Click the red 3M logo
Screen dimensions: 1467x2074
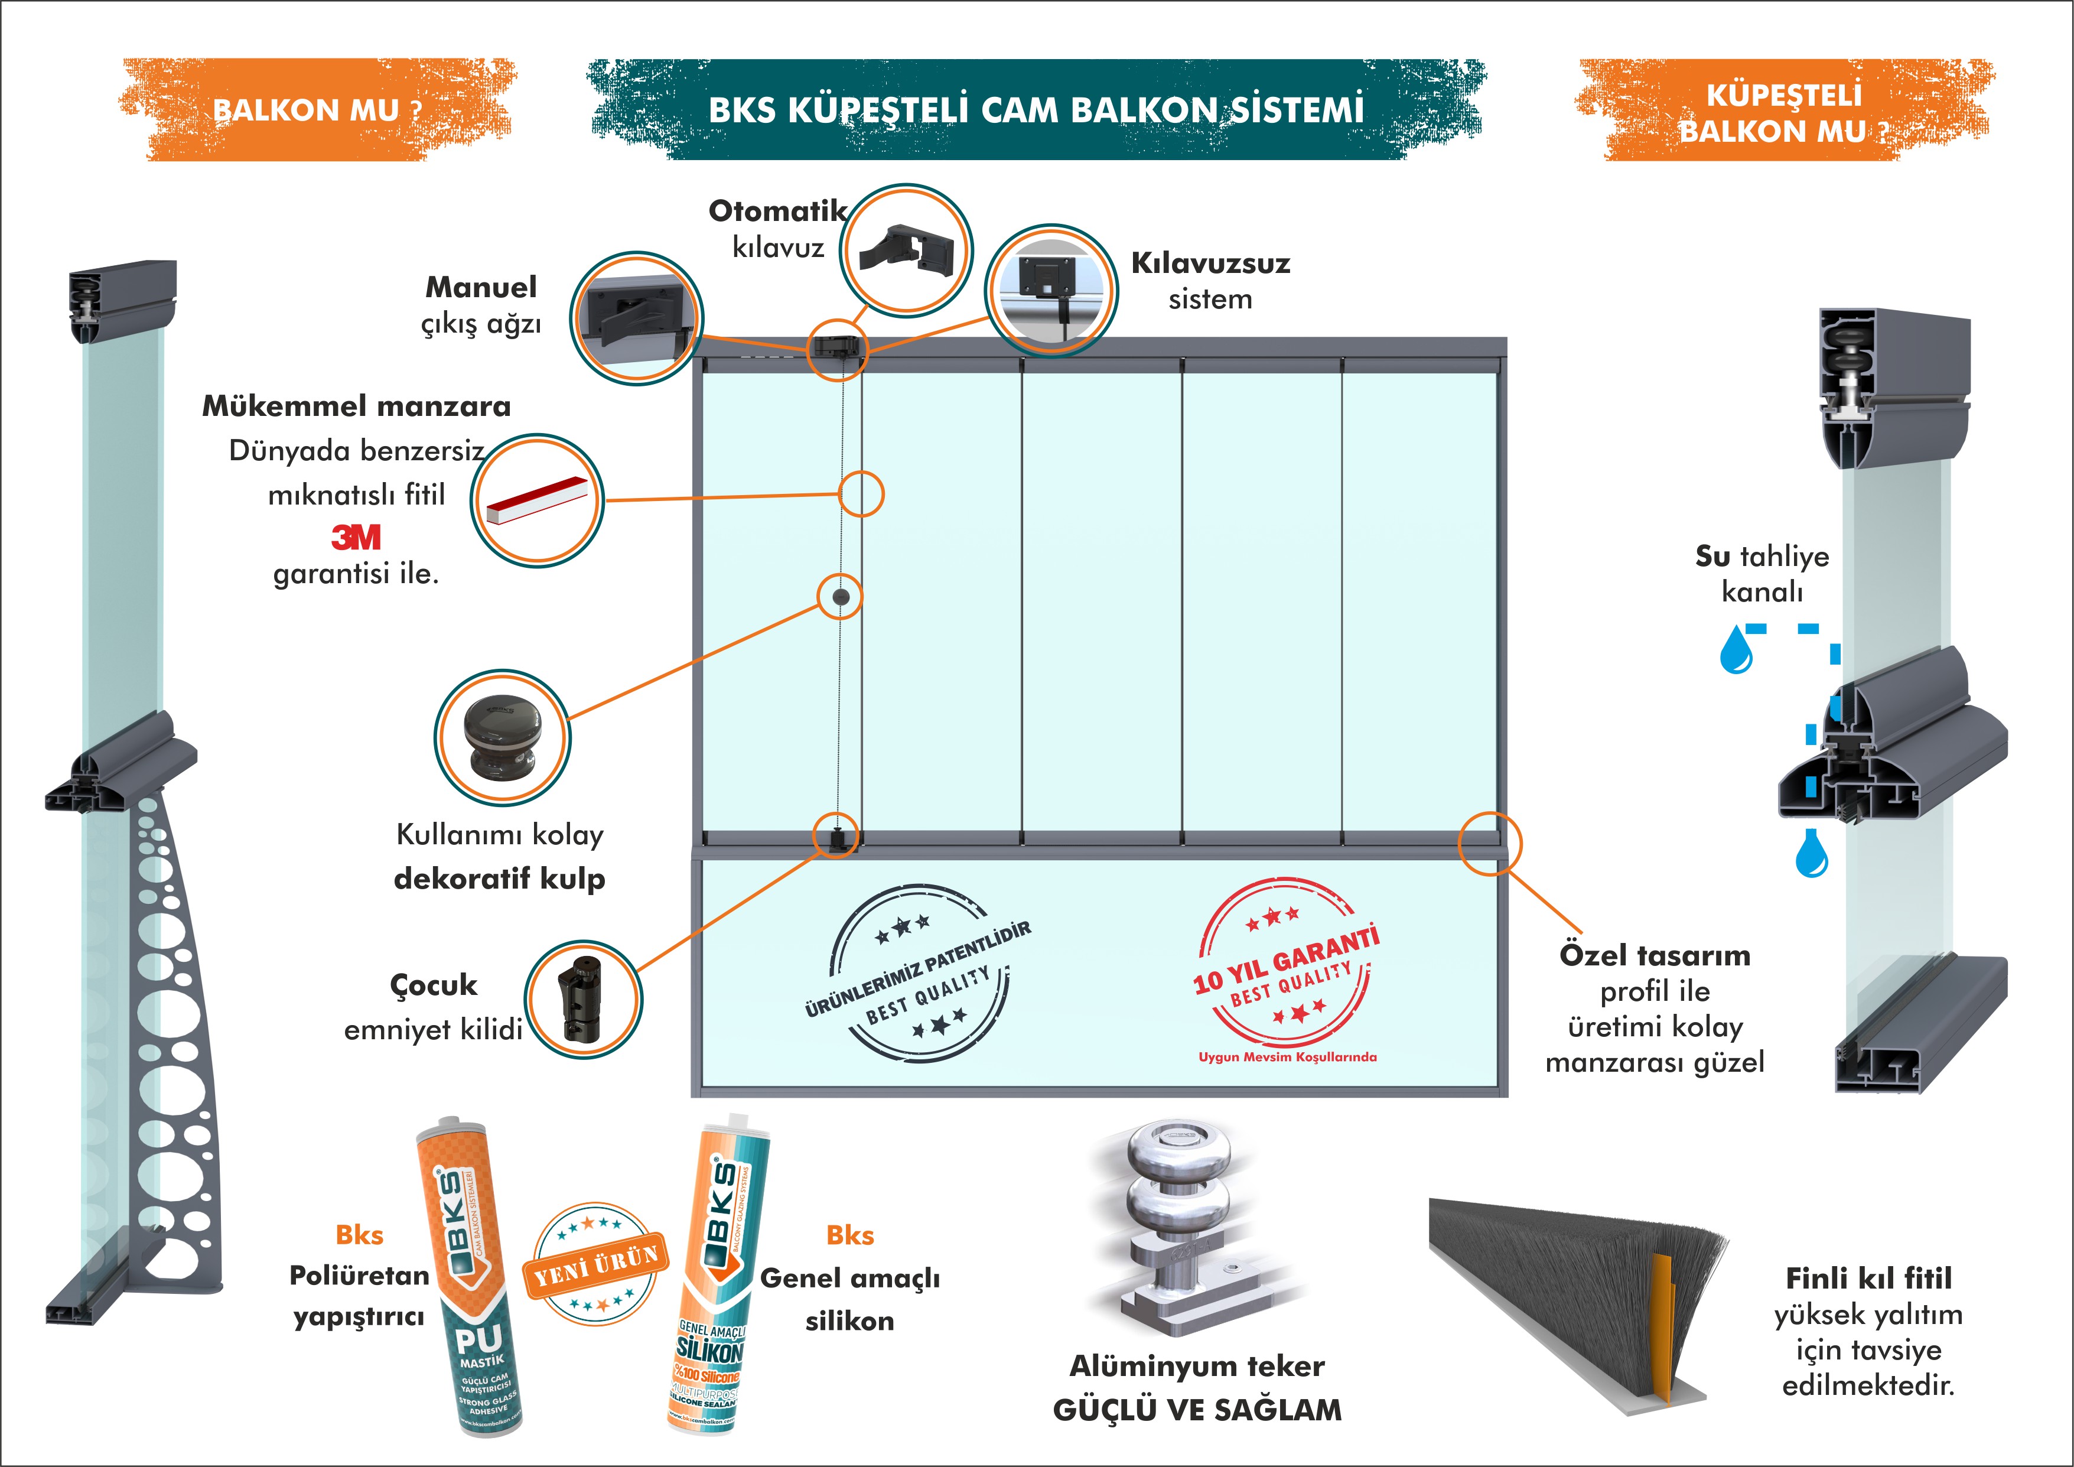(x=356, y=538)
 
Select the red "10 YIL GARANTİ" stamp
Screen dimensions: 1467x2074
(x=1287, y=971)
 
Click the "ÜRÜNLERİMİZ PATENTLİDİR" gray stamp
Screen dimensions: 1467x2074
(x=917, y=971)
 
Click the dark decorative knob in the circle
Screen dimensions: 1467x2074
(x=502, y=736)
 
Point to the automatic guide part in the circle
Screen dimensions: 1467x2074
(x=906, y=248)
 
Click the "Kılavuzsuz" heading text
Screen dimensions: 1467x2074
(x=1210, y=263)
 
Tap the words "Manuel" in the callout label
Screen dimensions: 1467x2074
(x=481, y=287)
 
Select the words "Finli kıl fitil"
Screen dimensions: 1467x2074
(x=1868, y=1278)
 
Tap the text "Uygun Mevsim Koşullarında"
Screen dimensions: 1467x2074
(x=1287, y=1057)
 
